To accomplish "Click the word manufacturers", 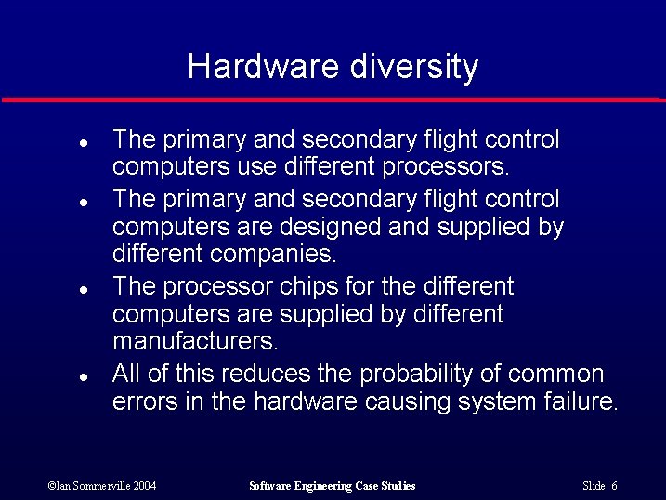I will pyautogui.click(x=195, y=341).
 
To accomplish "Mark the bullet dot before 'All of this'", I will pyautogui.click(x=83, y=378).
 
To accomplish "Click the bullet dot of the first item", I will pyautogui.click(x=83, y=144).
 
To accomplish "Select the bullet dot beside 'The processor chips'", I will pyautogui.click(x=83, y=290).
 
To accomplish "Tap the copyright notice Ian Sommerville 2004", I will pyautogui.click(x=102, y=486).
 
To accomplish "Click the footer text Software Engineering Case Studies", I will pyautogui.click(x=333, y=486).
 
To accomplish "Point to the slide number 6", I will pyautogui.click(x=615, y=486).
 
